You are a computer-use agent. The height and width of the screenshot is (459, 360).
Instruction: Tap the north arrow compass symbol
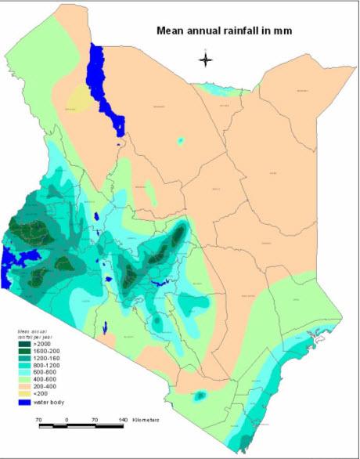pos(205,60)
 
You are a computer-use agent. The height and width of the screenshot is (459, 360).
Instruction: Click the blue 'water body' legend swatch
pos(24,403)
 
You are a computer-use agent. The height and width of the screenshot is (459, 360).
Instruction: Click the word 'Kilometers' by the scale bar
pos(146,420)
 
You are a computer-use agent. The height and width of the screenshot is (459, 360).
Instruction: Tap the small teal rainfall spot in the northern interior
pos(182,141)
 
